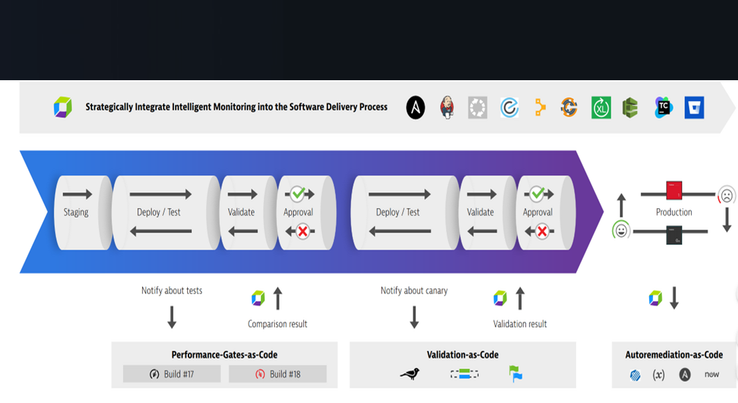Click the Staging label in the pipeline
76,212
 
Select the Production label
674,212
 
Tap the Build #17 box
172,374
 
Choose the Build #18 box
277,374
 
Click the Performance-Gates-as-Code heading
224,355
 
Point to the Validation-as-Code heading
463,355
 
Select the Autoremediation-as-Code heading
674,355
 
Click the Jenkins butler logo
447,107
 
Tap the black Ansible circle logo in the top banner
415,107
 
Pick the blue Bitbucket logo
694,107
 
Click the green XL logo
601,107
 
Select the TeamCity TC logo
663,107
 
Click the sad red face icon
727,196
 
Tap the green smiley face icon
621,231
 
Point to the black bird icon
409,374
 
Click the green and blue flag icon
516,374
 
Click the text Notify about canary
414,290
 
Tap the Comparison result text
277,324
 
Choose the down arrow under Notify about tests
172,317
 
